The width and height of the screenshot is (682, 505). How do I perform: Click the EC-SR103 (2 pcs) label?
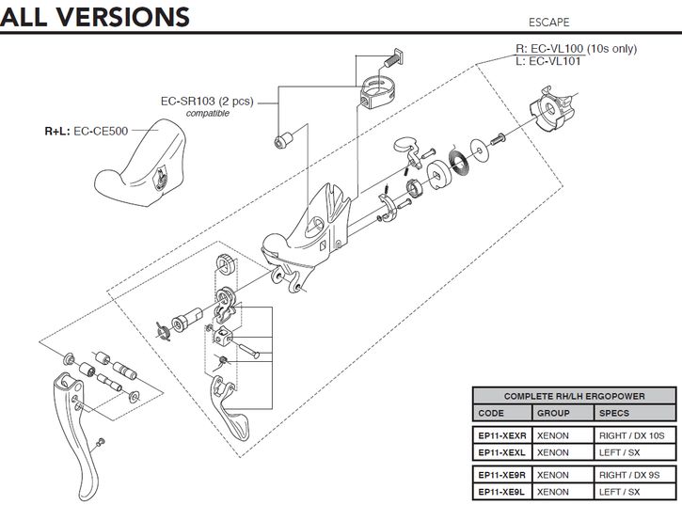(207, 101)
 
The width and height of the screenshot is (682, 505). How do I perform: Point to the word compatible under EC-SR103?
(208, 113)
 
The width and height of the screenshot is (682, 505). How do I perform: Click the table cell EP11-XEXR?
(498, 436)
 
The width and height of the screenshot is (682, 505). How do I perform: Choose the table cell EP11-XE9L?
(498, 492)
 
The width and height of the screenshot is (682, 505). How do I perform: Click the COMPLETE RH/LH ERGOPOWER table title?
(574, 396)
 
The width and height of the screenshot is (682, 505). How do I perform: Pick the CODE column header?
(491, 413)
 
